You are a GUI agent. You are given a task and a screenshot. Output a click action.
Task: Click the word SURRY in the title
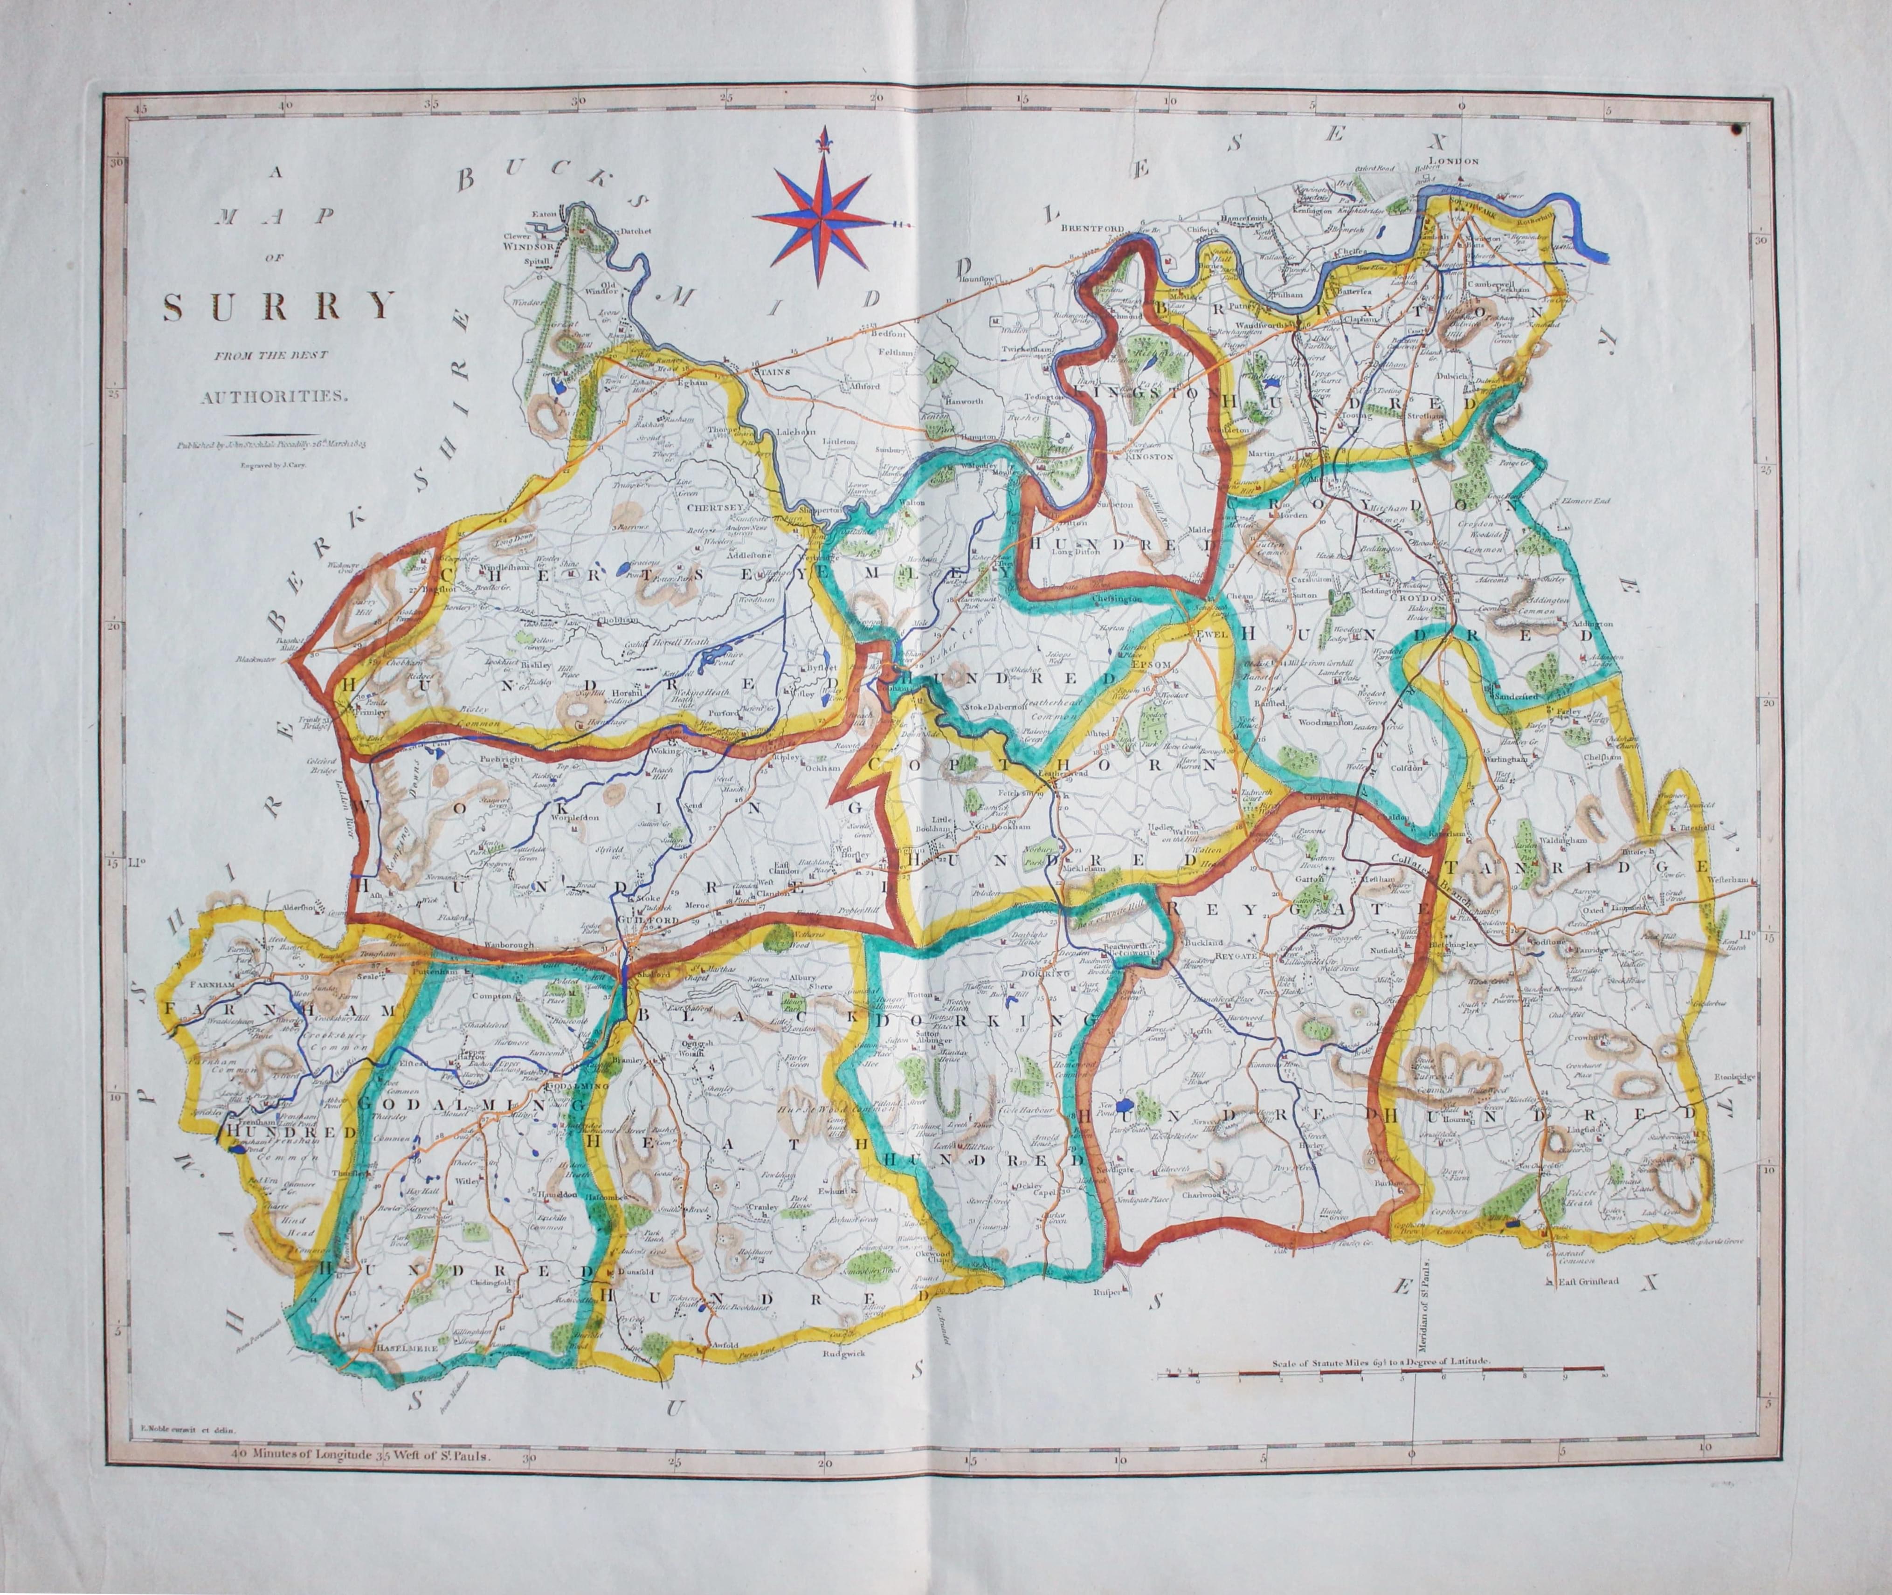[x=278, y=308]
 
